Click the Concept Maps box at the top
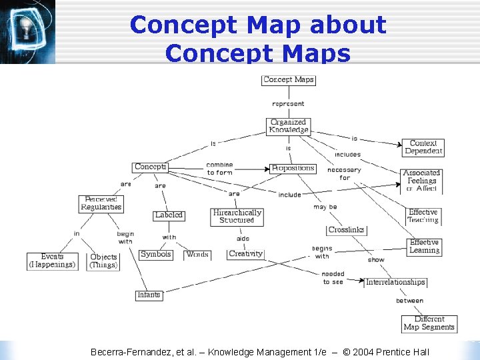pos(289,80)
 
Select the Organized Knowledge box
pos(289,126)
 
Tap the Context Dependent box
pos(423,147)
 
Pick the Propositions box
pos(293,168)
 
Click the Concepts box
pos(150,167)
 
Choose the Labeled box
pos(169,215)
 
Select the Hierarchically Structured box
pos(237,217)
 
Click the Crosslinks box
pos(347,230)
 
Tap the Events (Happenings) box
pos(52,261)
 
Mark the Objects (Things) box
pos(103,261)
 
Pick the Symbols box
pos(156,254)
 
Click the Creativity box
pos(246,254)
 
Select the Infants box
pos(149,295)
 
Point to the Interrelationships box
pos(395,282)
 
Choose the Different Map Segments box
pos(429,323)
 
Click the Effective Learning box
pos(424,247)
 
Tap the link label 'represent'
pos(289,103)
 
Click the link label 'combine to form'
pos(219,169)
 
